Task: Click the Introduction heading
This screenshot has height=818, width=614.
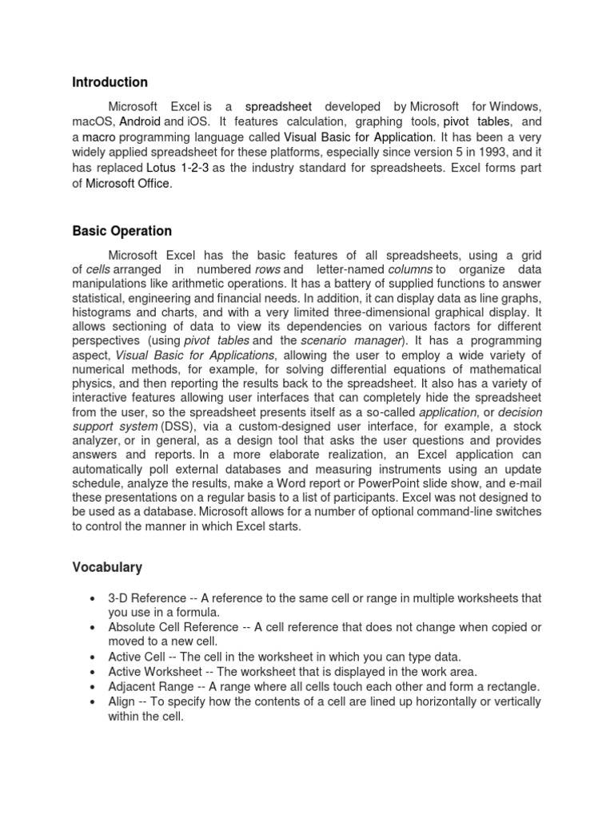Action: [110, 82]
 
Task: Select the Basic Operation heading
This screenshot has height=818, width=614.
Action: [122, 231]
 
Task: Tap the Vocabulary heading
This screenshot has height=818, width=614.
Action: [107, 567]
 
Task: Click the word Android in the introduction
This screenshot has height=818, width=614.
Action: [140, 122]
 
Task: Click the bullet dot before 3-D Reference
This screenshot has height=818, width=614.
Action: [95, 598]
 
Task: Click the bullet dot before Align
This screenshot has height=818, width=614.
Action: [95, 702]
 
